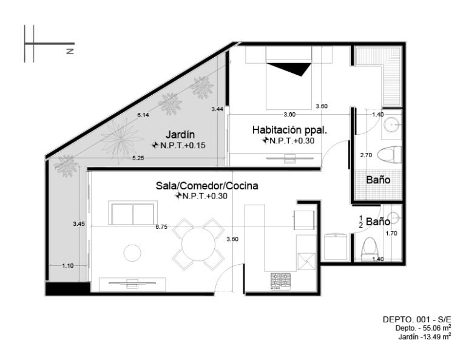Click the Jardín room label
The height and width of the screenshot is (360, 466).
click(x=180, y=135)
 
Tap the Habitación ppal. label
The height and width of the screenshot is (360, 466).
click(x=289, y=130)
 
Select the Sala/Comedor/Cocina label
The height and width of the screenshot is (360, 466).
click(x=207, y=186)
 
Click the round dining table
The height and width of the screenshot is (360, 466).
click(x=198, y=245)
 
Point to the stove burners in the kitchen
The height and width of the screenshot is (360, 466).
click(x=280, y=281)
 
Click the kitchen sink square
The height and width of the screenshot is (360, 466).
click(x=306, y=261)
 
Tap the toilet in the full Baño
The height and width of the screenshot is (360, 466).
click(x=389, y=155)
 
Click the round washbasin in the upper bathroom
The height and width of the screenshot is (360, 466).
click(x=392, y=124)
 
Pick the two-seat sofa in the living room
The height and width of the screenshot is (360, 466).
click(x=133, y=213)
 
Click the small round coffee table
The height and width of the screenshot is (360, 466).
click(x=132, y=253)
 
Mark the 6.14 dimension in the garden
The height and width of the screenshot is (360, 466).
click(x=143, y=115)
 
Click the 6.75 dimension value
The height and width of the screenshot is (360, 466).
click(x=161, y=227)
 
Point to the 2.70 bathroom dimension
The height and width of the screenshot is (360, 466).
click(x=366, y=155)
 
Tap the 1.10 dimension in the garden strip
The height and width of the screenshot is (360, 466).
click(x=68, y=265)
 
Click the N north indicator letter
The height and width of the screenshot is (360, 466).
click(x=70, y=51)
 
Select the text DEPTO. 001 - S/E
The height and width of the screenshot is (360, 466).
click(x=417, y=319)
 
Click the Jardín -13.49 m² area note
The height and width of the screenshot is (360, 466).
click(x=425, y=336)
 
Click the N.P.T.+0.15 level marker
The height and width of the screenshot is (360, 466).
click(x=179, y=145)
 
